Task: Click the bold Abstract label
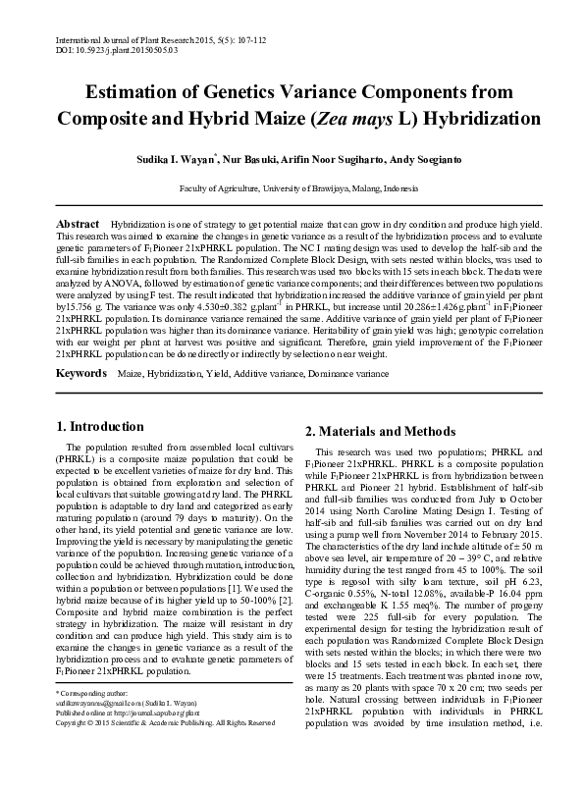[79, 225]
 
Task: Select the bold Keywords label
[82, 375]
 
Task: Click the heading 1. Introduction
[100, 426]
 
